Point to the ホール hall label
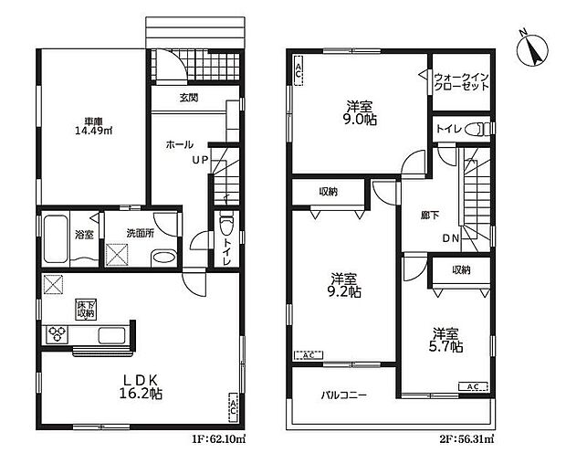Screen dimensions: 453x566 [x=179, y=145]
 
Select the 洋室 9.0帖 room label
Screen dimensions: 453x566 [x=355, y=111]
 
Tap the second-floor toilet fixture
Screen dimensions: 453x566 [x=472, y=132]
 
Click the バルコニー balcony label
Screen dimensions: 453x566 [x=343, y=395]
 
